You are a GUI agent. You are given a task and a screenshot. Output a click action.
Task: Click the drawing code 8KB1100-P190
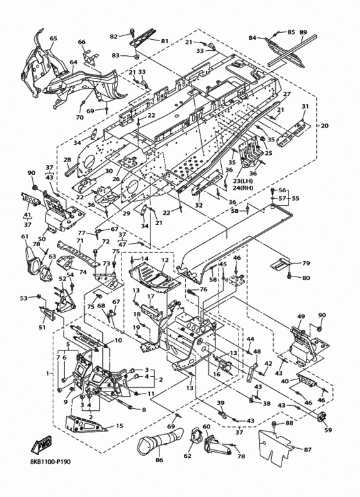click(x=48, y=462)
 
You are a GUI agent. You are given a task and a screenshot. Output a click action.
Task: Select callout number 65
click(x=53, y=39)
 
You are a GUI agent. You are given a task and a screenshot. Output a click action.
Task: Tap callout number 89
click(x=303, y=32)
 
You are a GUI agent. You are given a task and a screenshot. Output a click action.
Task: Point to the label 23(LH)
click(x=243, y=181)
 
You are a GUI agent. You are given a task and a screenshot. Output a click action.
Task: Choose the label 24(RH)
click(x=243, y=187)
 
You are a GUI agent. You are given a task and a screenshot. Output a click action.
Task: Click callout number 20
click(x=325, y=125)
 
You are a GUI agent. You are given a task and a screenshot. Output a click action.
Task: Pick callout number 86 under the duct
click(x=159, y=460)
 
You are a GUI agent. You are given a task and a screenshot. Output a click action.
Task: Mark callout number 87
click(x=307, y=449)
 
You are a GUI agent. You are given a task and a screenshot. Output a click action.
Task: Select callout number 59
click(x=328, y=430)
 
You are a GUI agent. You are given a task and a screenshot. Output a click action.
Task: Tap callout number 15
click(x=119, y=426)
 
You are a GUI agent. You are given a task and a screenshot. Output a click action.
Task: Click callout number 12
click(x=165, y=260)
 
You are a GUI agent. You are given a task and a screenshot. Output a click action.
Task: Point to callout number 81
click(x=165, y=41)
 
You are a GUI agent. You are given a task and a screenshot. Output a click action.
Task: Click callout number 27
click(x=287, y=94)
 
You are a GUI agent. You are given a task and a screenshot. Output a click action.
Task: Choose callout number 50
click(x=42, y=239)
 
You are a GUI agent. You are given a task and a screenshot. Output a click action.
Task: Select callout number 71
click(x=80, y=240)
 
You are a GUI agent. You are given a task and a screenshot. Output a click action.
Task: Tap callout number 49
click(x=301, y=316)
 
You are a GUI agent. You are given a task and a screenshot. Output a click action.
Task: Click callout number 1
click(x=48, y=374)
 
